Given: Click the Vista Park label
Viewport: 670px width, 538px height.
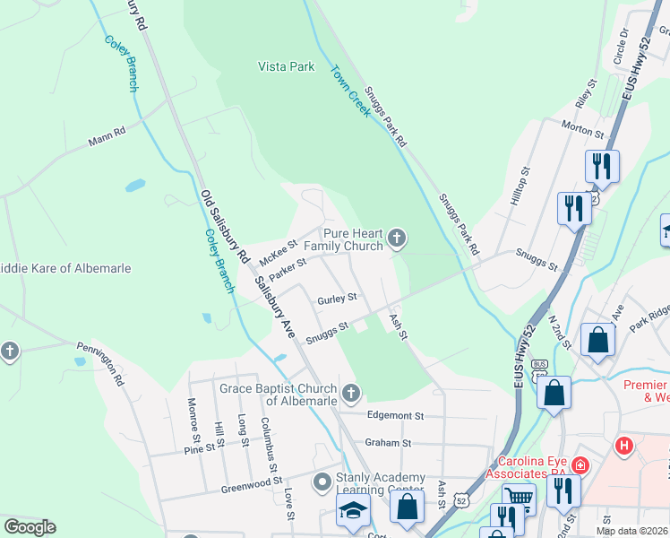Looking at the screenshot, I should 286,66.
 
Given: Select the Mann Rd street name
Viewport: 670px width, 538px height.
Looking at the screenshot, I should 107,141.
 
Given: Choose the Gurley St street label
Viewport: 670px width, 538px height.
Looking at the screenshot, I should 337,297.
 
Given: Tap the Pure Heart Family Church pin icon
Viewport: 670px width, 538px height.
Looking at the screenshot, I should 398,239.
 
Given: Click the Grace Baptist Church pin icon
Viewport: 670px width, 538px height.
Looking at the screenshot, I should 352,391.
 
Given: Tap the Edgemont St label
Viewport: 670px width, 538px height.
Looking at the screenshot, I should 395,416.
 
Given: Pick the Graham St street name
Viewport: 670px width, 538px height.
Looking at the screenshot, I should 388,442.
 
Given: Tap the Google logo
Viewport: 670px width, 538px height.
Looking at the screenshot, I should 30,527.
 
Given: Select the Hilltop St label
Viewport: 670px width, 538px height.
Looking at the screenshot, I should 520,186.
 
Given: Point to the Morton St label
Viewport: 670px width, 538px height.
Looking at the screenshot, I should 582,130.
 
